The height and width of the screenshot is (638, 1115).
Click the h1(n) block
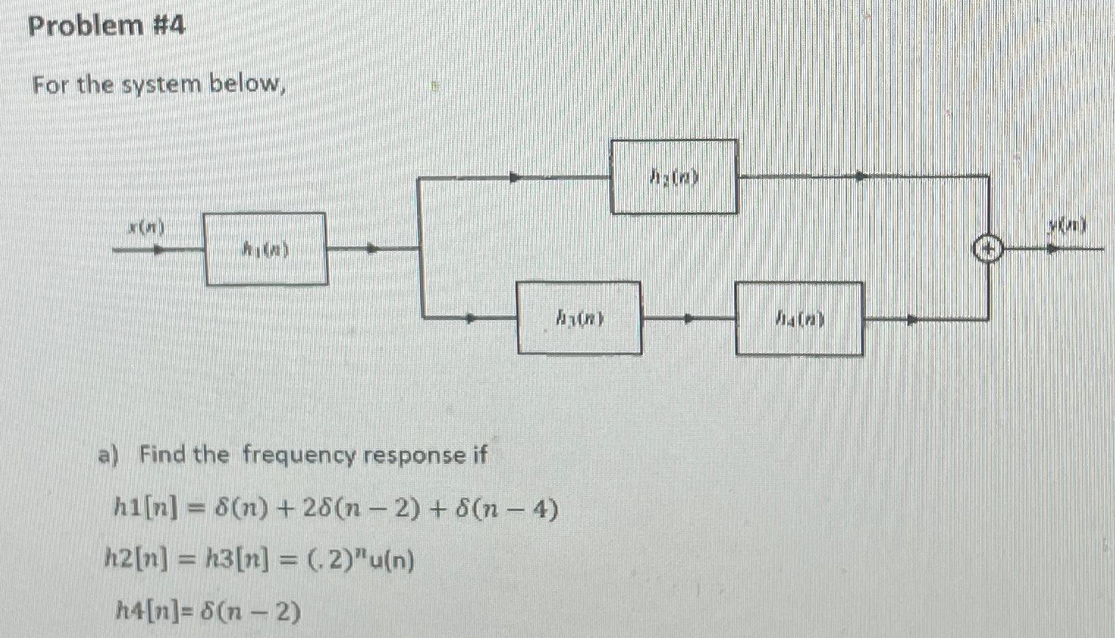click(266, 249)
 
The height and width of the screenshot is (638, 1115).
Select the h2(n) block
click(674, 177)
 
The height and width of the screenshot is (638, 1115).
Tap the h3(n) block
click(579, 318)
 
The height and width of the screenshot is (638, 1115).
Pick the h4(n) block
click(799, 319)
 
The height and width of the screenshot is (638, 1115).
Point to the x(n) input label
click(145, 228)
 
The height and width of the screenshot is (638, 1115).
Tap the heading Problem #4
click(106, 27)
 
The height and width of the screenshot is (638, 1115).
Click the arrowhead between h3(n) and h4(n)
click(689, 319)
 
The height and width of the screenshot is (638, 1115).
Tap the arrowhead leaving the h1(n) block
click(372, 250)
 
